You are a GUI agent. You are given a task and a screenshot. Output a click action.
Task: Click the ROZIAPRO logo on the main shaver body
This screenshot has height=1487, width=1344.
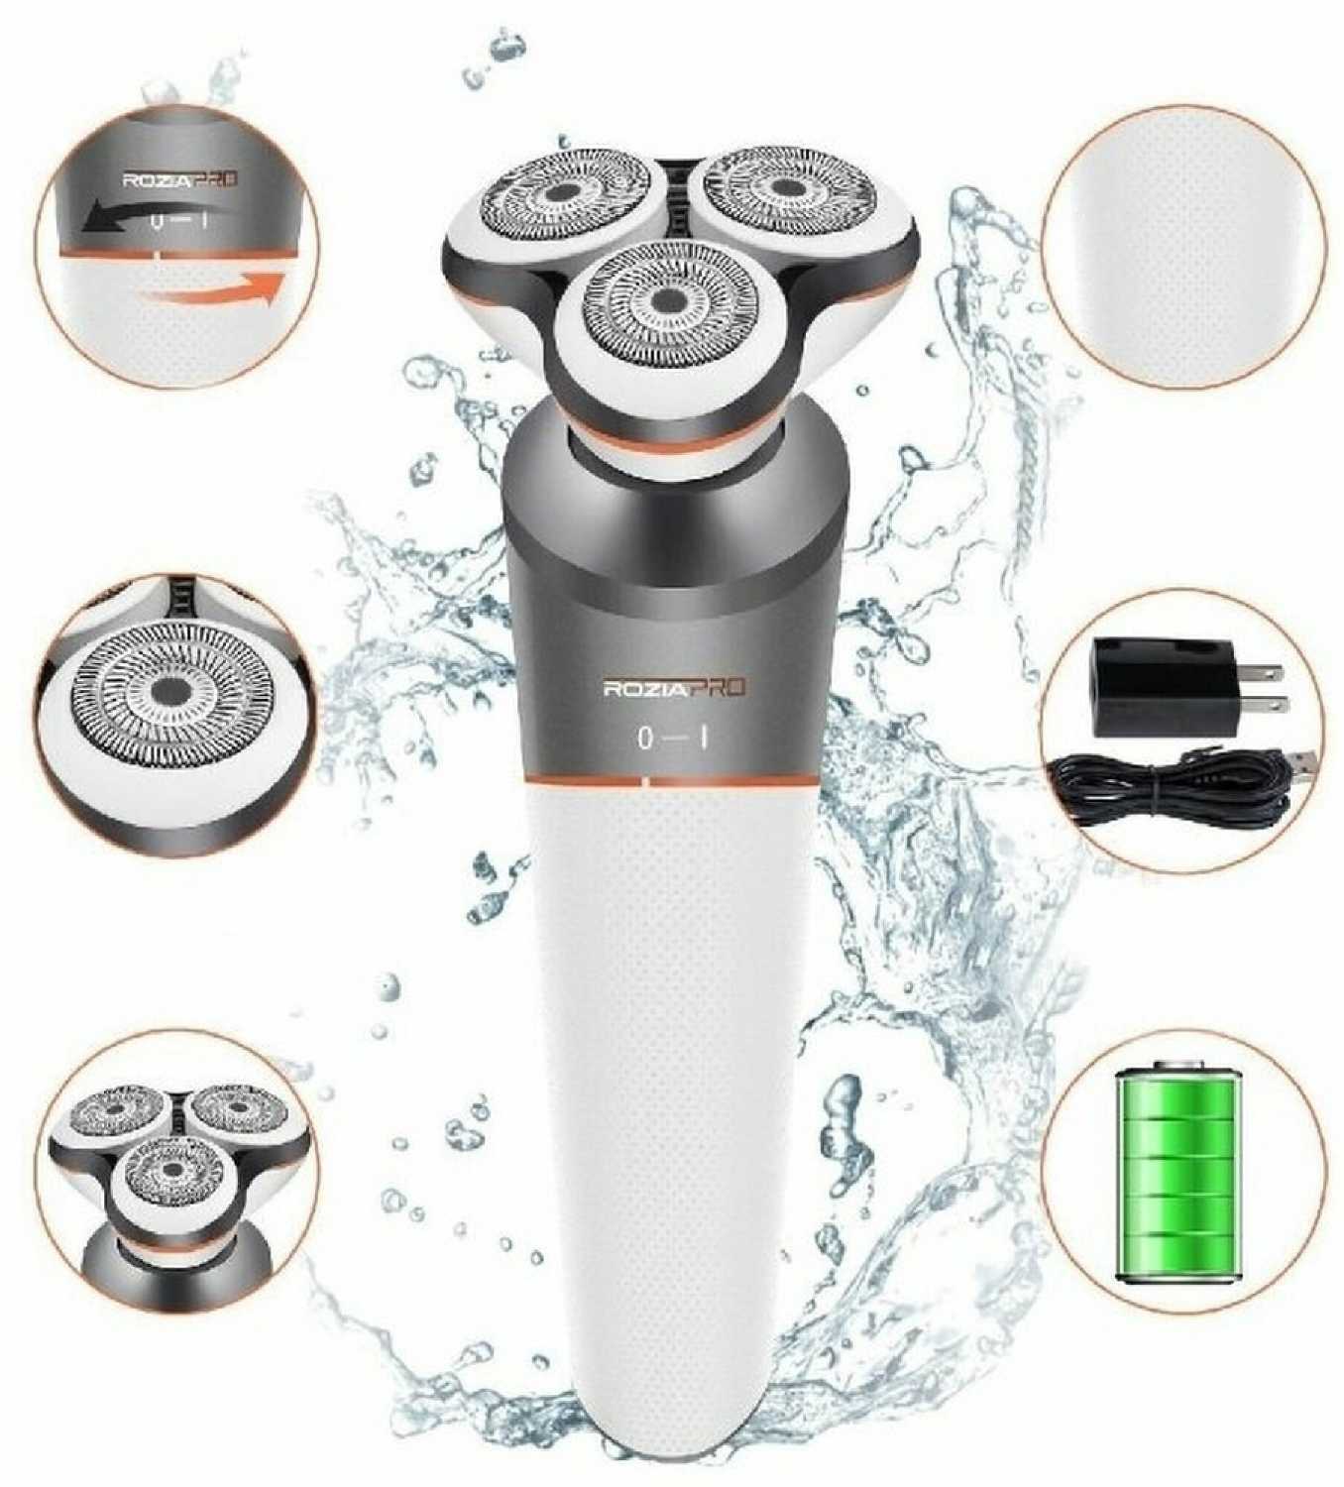click(x=676, y=689)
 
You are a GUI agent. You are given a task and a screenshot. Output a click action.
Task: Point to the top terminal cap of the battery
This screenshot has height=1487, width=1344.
click(x=1181, y=1067)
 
